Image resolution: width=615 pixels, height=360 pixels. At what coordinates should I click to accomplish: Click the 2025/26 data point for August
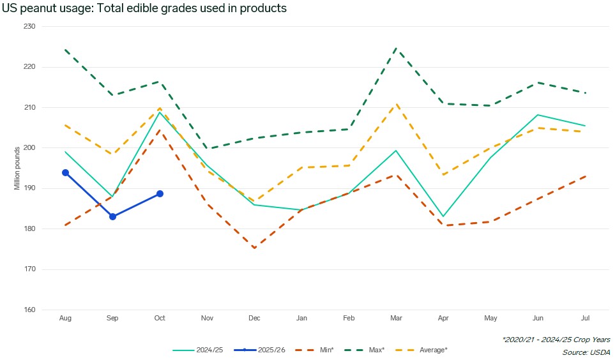point(65,172)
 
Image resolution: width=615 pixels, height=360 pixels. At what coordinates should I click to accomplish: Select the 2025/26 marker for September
point(112,216)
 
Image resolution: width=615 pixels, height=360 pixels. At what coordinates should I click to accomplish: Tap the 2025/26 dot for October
point(160,193)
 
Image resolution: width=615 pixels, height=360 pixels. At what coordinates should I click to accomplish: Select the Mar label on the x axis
point(396,317)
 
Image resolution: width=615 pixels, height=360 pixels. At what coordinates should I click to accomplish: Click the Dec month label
point(254,317)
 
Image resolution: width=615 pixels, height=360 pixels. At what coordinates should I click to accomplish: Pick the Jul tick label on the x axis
point(585,317)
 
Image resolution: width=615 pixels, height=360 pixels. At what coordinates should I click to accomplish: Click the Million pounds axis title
point(17,169)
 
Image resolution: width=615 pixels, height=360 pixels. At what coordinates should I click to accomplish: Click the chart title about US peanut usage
point(144,8)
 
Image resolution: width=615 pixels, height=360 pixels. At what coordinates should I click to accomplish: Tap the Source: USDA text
point(586,352)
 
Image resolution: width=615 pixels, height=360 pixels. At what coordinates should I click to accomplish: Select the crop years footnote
point(556,340)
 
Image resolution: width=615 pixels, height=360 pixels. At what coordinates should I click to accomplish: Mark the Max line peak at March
point(396,48)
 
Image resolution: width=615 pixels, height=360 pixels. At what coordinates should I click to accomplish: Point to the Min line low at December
point(254,248)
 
